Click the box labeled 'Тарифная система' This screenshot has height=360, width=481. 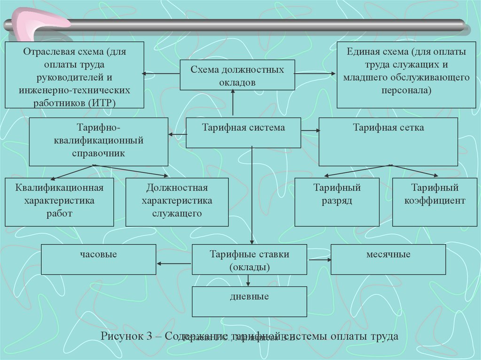pos(243,132)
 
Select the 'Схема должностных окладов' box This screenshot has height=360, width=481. pos(237,75)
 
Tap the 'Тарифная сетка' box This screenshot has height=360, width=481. pos(388,141)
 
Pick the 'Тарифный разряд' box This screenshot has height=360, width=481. pos(337,202)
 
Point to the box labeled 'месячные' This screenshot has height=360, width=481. pos(388,259)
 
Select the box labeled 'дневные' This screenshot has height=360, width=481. pos(249,301)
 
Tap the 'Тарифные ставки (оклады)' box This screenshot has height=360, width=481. pos(249,259)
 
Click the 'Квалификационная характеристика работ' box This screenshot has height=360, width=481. pos(59,202)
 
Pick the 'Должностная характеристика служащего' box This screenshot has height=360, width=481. pos(177,202)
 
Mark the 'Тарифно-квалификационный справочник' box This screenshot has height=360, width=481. pos(98,141)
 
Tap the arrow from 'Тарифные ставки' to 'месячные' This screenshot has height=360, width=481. pos(319,259)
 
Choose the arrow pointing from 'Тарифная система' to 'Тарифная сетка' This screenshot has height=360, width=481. pos(310,130)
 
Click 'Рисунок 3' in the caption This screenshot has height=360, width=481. pos(127,337)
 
